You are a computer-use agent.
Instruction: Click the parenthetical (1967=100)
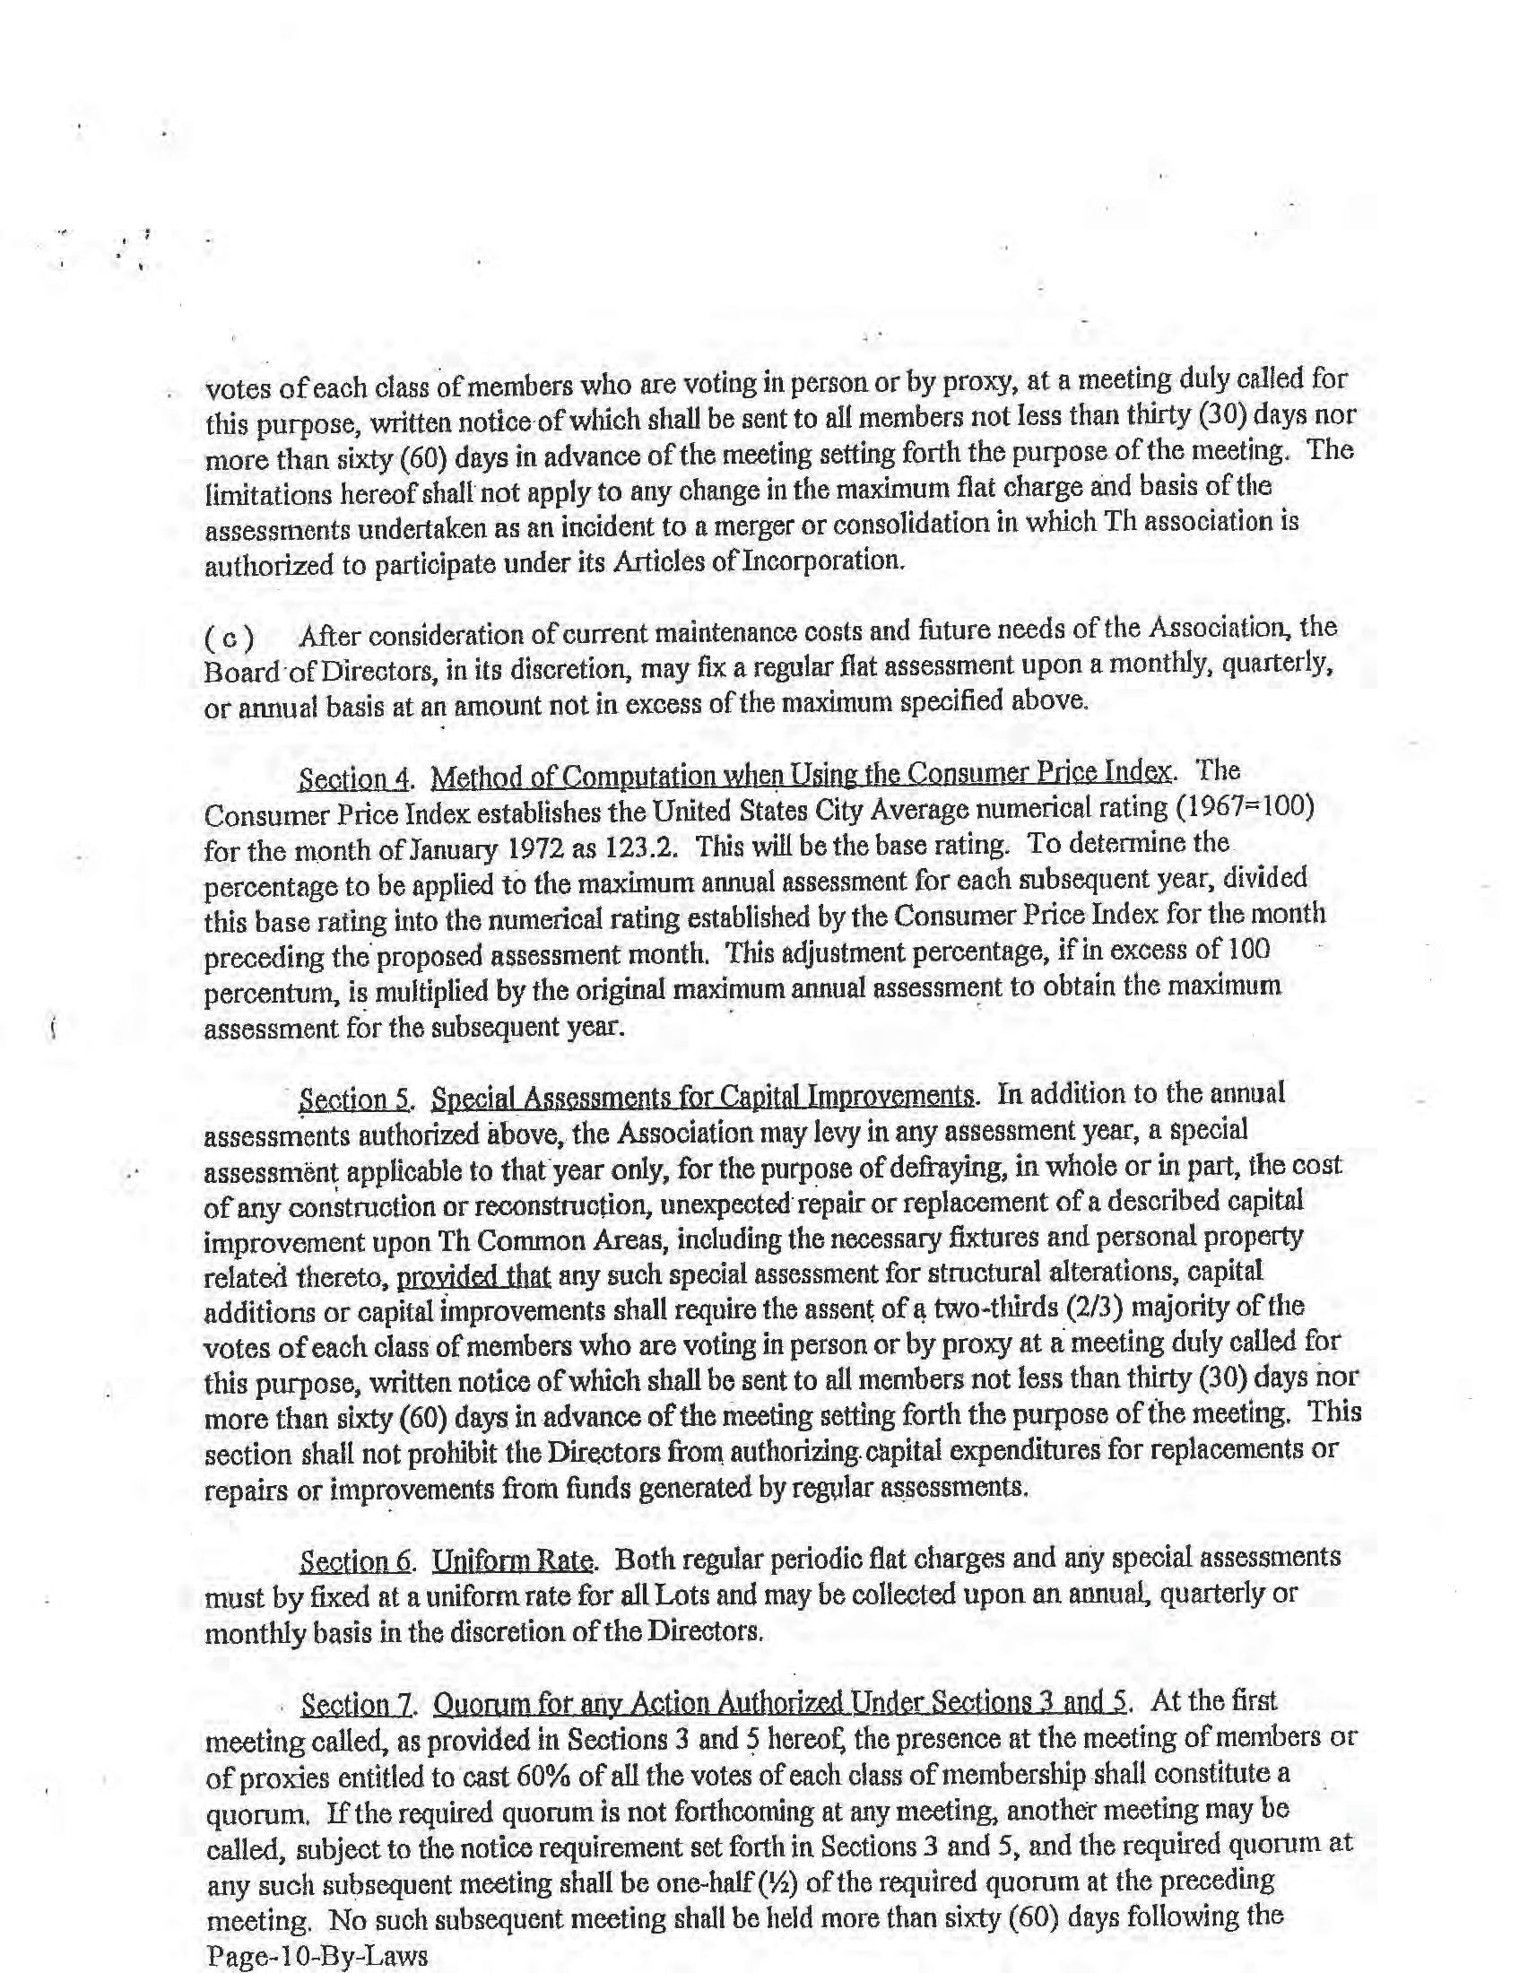coord(1246,807)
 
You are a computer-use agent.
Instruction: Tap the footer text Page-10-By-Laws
coord(316,1956)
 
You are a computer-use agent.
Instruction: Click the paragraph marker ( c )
coord(230,639)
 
